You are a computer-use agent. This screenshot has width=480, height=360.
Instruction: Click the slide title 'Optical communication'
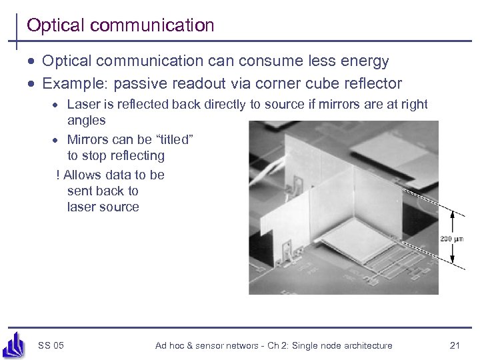120,25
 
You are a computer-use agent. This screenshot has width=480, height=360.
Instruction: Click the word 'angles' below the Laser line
86,121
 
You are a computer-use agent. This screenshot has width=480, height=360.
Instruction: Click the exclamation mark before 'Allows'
58,175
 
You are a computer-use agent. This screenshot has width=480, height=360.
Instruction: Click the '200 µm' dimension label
453,239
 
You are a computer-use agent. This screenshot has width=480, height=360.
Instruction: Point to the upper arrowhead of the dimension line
453,215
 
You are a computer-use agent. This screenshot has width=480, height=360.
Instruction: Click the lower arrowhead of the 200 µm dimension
453,262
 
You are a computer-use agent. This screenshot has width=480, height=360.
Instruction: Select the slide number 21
455,345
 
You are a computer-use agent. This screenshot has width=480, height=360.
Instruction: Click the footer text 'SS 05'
51,345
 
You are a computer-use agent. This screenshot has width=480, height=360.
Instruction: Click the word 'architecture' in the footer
365,345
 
